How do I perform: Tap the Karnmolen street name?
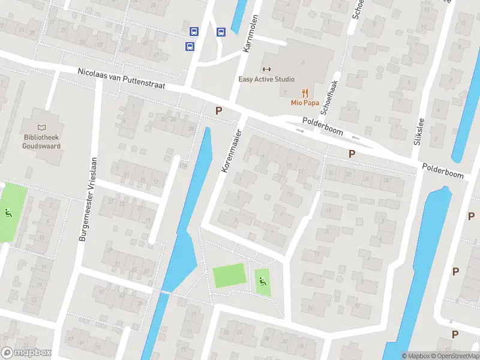250,34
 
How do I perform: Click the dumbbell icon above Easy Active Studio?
267,69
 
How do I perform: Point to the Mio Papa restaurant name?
305,102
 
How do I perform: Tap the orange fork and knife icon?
305,92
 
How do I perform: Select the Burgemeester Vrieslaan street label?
88,200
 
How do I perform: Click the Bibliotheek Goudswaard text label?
41,141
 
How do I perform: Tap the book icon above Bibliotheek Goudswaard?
41,127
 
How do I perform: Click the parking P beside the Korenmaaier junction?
219,110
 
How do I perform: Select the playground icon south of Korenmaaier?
262,280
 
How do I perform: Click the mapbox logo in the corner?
26,353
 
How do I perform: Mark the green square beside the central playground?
229,275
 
